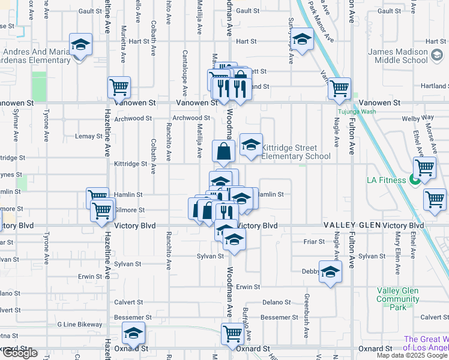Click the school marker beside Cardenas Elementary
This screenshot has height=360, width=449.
(80, 44)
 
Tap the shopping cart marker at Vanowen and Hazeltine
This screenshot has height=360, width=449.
(119, 86)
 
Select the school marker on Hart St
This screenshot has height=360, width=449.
(303, 39)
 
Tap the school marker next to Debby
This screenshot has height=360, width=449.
(330, 272)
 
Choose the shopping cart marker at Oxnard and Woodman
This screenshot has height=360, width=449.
(232, 334)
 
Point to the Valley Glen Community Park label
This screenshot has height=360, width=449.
(398, 299)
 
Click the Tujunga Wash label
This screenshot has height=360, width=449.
(356, 112)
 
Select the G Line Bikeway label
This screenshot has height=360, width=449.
(80, 325)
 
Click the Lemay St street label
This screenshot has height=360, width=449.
(89, 136)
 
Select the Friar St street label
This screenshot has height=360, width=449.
(314, 241)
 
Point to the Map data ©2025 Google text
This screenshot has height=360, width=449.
(412, 355)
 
